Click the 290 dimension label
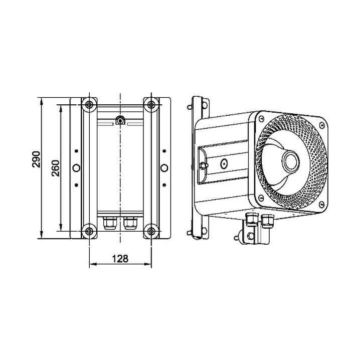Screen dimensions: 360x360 (x=36, y=159)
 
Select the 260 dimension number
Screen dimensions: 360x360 (x=56, y=168)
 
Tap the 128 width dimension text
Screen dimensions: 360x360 (x=120, y=259)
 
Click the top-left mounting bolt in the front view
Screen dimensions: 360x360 (x=89, y=105)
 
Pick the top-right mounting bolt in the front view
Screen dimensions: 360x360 (x=151, y=105)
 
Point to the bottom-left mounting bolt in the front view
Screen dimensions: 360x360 (x=89, y=231)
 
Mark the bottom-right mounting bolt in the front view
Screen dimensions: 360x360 (x=151, y=231)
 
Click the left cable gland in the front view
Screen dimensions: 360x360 (x=110, y=223)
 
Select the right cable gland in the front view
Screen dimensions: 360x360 (x=130, y=223)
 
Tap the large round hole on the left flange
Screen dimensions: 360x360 (x=76, y=168)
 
